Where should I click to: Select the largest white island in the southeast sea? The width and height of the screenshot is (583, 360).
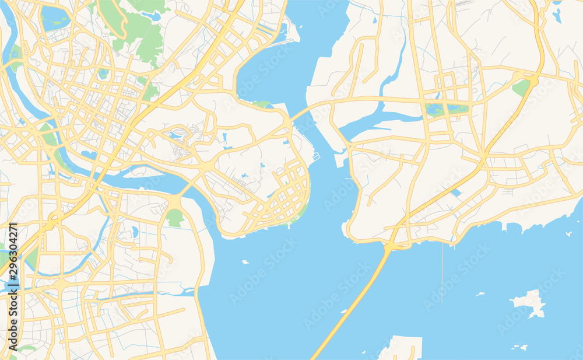click(x=531, y=303)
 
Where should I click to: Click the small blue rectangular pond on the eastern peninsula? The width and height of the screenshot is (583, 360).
click(x=456, y=193)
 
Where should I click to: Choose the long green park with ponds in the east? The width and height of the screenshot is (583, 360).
click(x=447, y=109)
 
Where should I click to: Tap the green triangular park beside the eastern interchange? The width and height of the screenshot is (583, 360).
click(x=521, y=88)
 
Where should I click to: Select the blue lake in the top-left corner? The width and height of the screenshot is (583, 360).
click(x=54, y=18)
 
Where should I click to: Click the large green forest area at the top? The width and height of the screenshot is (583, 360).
click(x=137, y=26)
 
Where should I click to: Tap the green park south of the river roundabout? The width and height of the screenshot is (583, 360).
click(x=174, y=218)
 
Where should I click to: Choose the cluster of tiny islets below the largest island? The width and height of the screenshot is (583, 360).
click(x=518, y=347)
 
